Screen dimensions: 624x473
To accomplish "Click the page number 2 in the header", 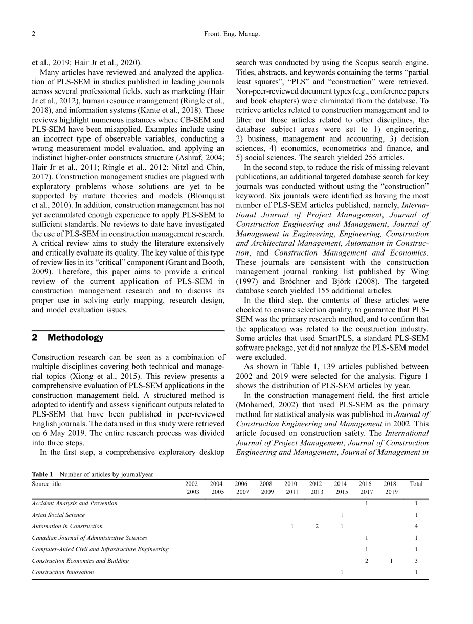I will [33, 35].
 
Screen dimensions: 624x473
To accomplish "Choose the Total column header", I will [416, 484].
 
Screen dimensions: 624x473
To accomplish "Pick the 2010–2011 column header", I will [292, 488].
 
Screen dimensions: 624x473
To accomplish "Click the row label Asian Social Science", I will [58, 515].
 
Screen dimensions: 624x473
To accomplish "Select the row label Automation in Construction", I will [67, 526].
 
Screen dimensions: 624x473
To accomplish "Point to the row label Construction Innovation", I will [63, 572].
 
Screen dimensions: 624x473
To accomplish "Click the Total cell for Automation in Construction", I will [416, 526].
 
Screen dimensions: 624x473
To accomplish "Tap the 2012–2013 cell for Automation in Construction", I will [317, 526].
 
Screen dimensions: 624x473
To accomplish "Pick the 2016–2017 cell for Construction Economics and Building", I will [367, 561].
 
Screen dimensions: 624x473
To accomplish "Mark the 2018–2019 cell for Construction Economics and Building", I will [391, 561].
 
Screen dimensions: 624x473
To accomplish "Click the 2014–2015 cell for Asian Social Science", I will [342, 515].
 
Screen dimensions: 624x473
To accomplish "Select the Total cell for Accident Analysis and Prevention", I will [416, 503].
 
